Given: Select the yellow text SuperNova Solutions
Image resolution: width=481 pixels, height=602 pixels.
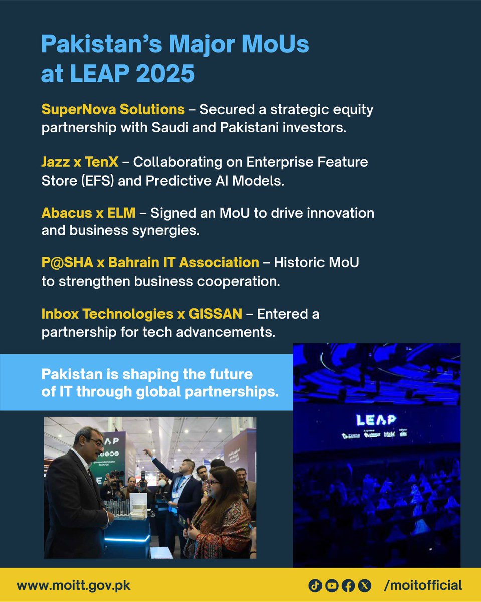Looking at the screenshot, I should pos(113,109).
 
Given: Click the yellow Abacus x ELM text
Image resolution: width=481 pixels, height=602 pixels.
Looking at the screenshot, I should pos(88,213).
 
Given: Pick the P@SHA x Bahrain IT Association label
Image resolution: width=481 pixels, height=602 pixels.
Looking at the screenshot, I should pos(150,262).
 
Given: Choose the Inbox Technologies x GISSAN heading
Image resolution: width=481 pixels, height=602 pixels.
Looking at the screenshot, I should pos(142,314).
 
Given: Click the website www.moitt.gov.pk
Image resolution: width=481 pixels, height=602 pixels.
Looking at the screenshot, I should pos(74,585).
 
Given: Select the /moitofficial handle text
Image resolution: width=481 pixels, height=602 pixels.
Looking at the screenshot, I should pos(422,585).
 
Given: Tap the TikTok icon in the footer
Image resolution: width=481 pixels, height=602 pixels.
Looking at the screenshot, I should pos(315,585).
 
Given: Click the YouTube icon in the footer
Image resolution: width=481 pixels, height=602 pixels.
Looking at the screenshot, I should pos(331,585).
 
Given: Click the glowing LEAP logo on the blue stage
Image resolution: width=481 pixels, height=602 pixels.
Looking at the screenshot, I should pos(376,419).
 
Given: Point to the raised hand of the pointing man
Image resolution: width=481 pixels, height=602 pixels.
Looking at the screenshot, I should pos(147,453).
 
